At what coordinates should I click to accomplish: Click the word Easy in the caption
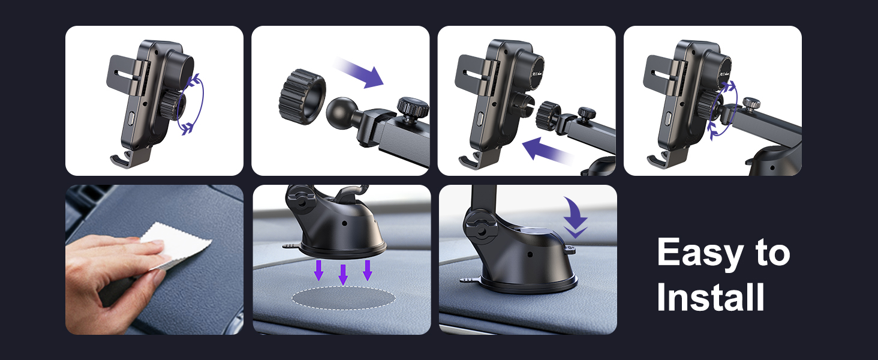point(698,254)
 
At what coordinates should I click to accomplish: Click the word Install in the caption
point(711,298)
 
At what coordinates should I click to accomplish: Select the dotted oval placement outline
point(343,298)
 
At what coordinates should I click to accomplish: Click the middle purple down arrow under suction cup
point(343,274)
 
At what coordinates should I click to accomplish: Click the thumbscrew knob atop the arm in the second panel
point(413,108)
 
